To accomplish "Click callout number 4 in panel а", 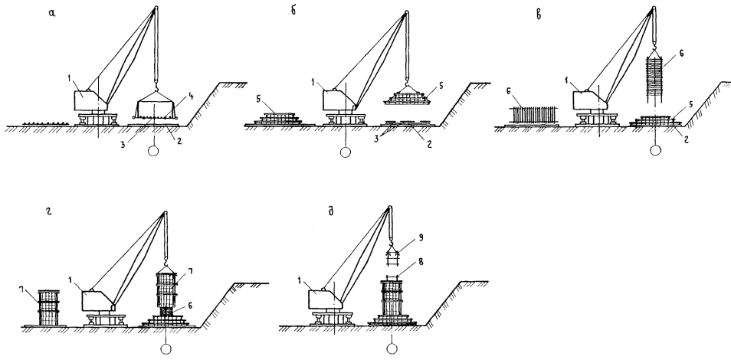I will pos(188,97).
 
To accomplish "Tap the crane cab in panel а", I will pos(87,100).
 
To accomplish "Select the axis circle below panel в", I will pos(654,152).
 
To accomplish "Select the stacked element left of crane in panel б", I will pos(281,119).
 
